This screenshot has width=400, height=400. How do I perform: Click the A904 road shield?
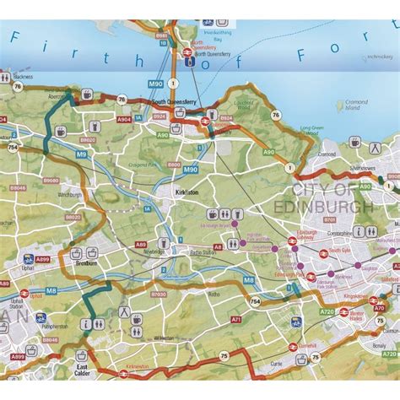124,119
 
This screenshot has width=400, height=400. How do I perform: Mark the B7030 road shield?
159,295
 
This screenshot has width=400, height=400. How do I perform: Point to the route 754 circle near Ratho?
254,301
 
